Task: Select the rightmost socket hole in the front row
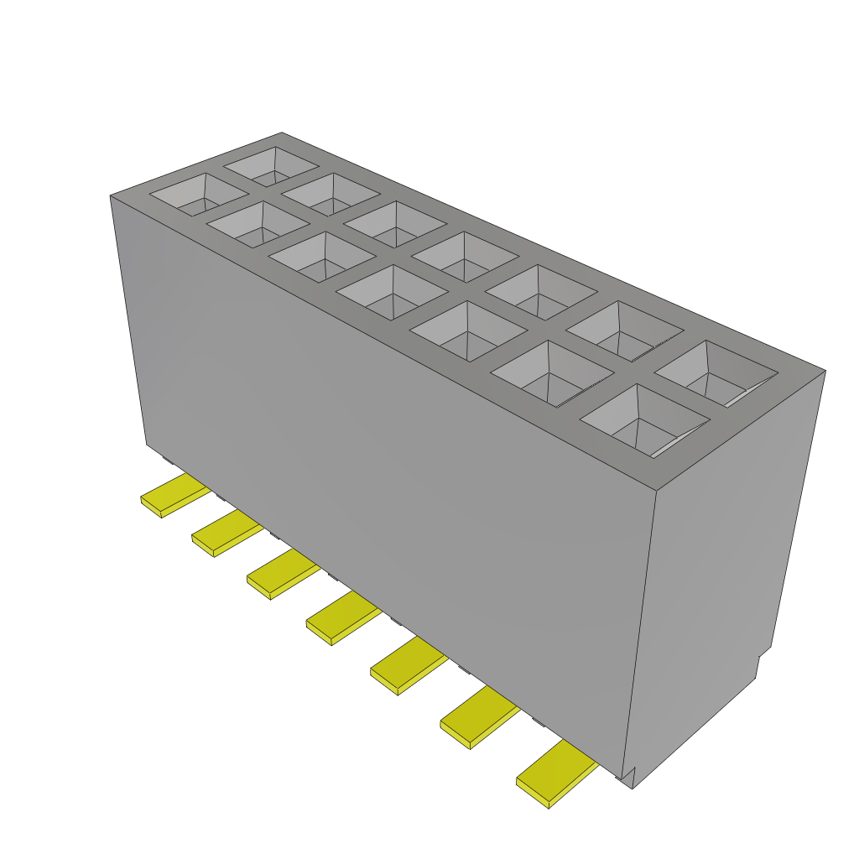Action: point(644,419)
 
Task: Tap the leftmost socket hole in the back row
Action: point(271,166)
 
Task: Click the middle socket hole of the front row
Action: point(391,291)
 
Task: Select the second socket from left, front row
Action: point(258,224)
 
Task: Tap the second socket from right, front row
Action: point(550,372)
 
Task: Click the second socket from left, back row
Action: point(330,194)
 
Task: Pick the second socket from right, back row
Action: point(620,330)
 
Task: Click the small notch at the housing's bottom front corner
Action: point(629,776)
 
